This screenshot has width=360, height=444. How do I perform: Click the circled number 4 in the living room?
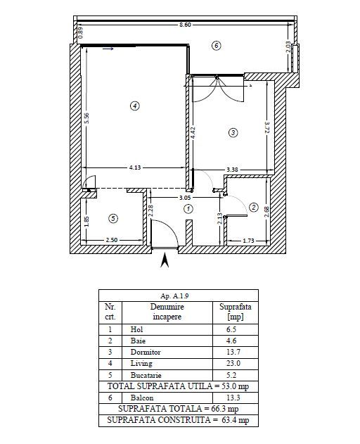[x=135, y=106]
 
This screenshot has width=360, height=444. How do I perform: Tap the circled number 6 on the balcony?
[x=217, y=46]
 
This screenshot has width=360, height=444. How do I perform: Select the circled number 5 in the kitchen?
[x=113, y=218]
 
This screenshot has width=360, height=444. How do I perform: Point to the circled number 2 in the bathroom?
[x=254, y=208]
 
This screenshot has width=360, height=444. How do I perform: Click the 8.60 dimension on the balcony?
[x=185, y=25]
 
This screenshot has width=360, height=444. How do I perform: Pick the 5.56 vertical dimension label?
[x=87, y=118]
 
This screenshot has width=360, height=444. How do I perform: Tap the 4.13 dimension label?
[x=135, y=167]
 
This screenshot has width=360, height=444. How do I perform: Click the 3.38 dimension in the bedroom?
[x=232, y=170]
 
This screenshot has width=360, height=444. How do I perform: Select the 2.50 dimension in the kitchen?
[x=112, y=240]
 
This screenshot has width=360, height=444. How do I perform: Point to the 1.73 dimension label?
[x=248, y=241]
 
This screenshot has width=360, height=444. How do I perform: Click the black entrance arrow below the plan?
[x=165, y=260]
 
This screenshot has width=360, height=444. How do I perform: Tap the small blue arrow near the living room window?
[x=108, y=49]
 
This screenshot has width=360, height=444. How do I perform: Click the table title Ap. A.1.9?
[x=174, y=296]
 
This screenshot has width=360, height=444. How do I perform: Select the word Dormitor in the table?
[x=146, y=352]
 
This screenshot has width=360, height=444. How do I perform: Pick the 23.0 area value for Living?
[x=233, y=363]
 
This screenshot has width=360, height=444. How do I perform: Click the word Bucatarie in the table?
[x=146, y=375]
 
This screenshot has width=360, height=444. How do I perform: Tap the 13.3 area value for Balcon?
[x=233, y=398]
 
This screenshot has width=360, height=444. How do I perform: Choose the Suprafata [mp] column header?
[x=236, y=312]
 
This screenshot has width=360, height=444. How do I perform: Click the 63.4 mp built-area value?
[x=236, y=420]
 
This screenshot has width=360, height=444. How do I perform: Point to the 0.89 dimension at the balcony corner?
[x=81, y=33]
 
